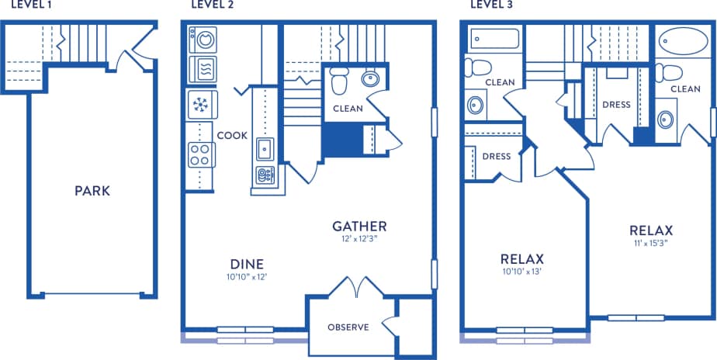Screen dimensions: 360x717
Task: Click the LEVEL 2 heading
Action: click(213, 5)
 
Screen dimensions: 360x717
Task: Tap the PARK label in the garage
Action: click(92, 191)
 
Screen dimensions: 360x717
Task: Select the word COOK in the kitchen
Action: click(232, 135)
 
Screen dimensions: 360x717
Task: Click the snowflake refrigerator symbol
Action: click(202, 105)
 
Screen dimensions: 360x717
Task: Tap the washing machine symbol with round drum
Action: click(203, 39)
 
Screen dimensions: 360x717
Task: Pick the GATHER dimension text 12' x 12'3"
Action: click(359, 239)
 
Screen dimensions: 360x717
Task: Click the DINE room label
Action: click(247, 263)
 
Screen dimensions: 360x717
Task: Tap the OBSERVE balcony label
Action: click(347, 327)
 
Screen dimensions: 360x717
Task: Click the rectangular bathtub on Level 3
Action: click(494, 38)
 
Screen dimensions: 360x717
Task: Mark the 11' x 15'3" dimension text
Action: click(650, 243)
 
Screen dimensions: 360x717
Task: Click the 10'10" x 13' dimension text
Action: click(521, 272)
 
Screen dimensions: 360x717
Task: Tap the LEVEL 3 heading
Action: click(492, 5)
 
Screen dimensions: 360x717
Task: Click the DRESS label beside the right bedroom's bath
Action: click(616, 105)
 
